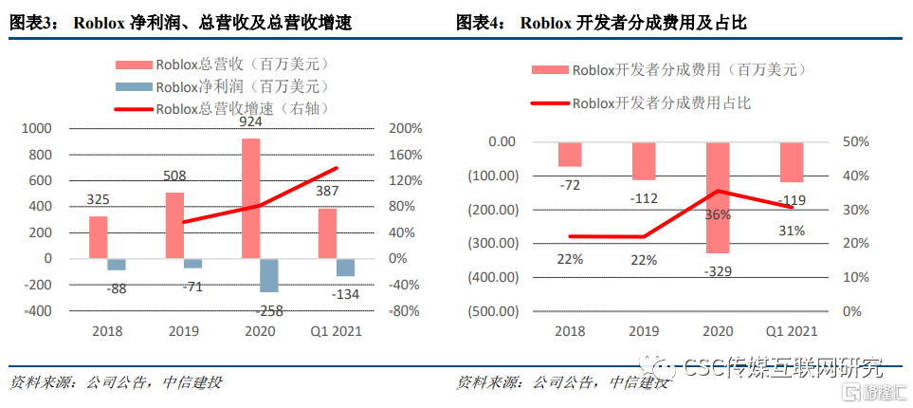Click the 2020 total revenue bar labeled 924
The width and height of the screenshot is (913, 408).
pos(250,197)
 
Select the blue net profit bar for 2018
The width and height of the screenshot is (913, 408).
pos(117,265)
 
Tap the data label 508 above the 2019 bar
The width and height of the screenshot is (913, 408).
pos(174,176)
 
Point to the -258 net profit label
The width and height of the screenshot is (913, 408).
pos(269,309)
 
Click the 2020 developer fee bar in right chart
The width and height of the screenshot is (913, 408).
pos(718,197)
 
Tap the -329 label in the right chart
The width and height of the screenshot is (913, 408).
pos(718,271)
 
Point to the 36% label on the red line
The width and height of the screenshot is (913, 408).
pos(718,214)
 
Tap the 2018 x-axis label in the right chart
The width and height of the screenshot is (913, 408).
pos(570,331)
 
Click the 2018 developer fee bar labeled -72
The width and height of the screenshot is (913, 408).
pos(570,154)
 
